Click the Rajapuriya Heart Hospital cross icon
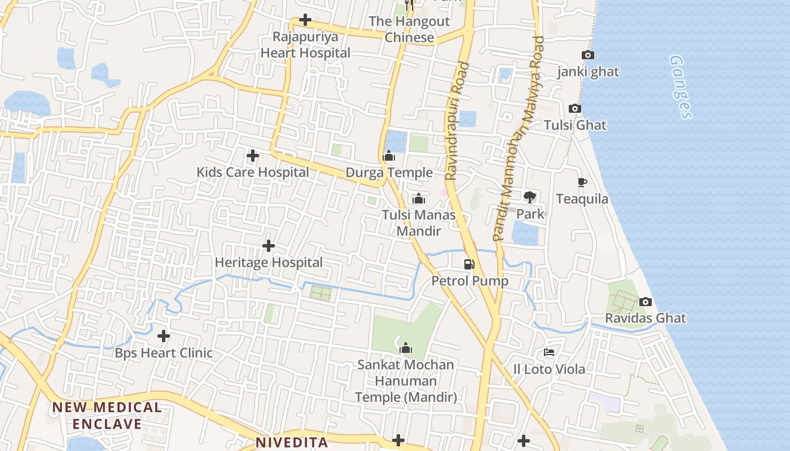[x=305, y=20]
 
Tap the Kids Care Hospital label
[x=252, y=173]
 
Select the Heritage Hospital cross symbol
[x=269, y=246]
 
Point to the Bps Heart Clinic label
[x=164, y=353]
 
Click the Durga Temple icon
[x=389, y=156]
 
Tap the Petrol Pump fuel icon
[x=469, y=264]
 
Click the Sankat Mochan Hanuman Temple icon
[x=405, y=348]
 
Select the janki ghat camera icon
[x=587, y=55]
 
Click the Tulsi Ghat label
[x=575, y=125]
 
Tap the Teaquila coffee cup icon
[x=582, y=182]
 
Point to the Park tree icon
[x=529, y=197]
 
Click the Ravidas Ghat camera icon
[x=646, y=302]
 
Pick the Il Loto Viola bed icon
[x=548, y=353]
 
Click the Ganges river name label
[x=681, y=87]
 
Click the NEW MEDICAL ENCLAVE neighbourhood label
[x=107, y=415]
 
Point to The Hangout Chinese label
[x=409, y=29]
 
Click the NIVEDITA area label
[x=291, y=443]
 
